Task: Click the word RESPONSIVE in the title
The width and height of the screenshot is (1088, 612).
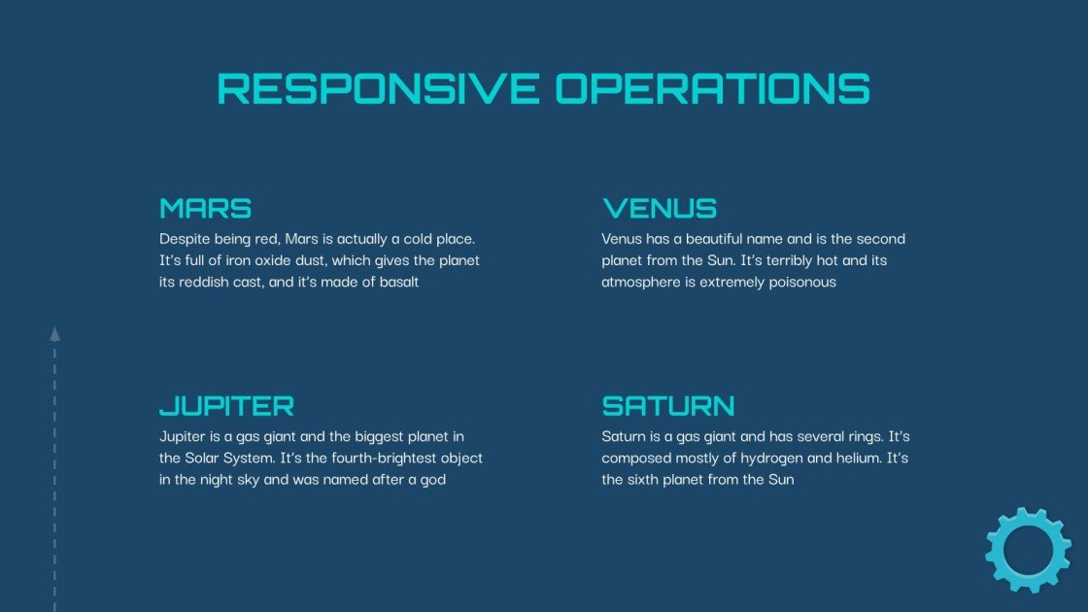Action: tap(378, 88)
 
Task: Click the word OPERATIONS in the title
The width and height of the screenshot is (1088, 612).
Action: tap(712, 88)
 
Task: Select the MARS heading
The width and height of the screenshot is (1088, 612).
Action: tap(206, 208)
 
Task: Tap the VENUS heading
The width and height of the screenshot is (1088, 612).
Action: tap(660, 208)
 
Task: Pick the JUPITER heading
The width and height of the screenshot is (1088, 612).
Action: tap(226, 405)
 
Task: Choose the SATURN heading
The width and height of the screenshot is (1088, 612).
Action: tap(668, 405)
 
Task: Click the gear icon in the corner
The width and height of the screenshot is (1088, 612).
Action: tap(1028, 550)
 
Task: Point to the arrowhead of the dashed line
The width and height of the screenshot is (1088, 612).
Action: tap(54, 334)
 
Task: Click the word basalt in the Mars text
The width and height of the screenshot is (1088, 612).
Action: tap(396, 283)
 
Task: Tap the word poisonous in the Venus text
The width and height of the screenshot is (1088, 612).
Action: tap(802, 283)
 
